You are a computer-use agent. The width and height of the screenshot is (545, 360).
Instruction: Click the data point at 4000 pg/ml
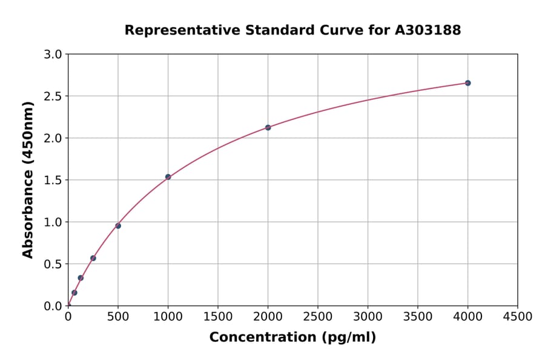tap(467, 83)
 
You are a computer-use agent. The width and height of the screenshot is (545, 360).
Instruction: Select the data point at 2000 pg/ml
tap(268, 127)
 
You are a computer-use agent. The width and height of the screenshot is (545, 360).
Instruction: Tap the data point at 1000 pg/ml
tap(168, 177)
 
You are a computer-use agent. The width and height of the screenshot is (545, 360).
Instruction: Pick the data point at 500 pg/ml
tap(118, 226)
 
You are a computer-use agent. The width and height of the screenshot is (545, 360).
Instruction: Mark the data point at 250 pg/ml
tap(93, 258)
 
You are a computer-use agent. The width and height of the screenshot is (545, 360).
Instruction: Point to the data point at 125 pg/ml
tap(81, 278)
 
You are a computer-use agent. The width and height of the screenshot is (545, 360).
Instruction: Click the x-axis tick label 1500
tap(218, 317)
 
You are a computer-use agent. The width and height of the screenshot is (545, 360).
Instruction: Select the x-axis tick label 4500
tap(518, 317)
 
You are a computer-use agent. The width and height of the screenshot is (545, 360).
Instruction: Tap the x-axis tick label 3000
tap(368, 317)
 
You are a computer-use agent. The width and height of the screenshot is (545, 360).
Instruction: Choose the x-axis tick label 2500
tap(318, 317)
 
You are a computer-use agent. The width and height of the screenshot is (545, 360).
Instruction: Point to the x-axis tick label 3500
tap(418, 317)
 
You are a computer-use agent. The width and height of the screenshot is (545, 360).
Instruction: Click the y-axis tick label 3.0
tap(54, 55)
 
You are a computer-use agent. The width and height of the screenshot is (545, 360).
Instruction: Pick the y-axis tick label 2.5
tap(54, 96)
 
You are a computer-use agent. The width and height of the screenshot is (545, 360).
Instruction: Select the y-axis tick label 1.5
tap(54, 180)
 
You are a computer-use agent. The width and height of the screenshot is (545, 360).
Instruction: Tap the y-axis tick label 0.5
tap(54, 264)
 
